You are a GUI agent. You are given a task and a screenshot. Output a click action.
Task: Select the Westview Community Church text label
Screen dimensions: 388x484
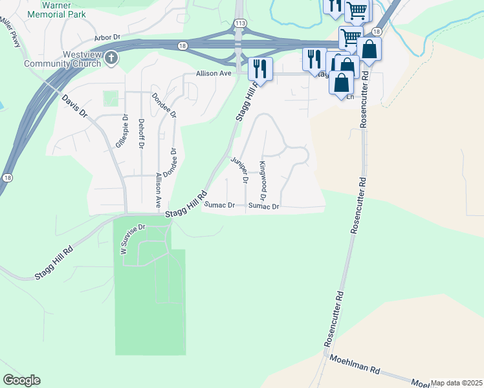[x=63, y=59]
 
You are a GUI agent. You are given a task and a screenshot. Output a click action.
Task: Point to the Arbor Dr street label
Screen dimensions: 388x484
[x=109, y=38]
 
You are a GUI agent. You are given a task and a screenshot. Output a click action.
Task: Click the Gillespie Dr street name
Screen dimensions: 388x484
[x=120, y=132]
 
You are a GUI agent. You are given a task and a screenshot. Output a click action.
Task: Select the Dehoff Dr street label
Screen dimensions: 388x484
[x=141, y=134]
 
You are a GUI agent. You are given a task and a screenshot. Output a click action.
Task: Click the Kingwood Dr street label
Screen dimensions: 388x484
[x=263, y=180]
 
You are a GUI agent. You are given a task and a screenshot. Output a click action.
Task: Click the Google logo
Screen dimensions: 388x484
[x=21, y=380]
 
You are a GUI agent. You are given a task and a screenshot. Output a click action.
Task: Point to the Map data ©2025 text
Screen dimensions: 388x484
[x=456, y=383]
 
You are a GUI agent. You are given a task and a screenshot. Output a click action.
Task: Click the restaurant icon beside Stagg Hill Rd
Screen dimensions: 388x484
[x=260, y=69]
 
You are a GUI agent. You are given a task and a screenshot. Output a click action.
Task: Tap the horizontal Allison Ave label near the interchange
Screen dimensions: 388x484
[x=215, y=74]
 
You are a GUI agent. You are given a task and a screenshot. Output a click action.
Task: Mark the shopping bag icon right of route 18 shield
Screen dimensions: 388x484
[x=369, y=49]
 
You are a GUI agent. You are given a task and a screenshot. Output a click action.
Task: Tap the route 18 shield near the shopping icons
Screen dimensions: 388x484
[x=377, y=31]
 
